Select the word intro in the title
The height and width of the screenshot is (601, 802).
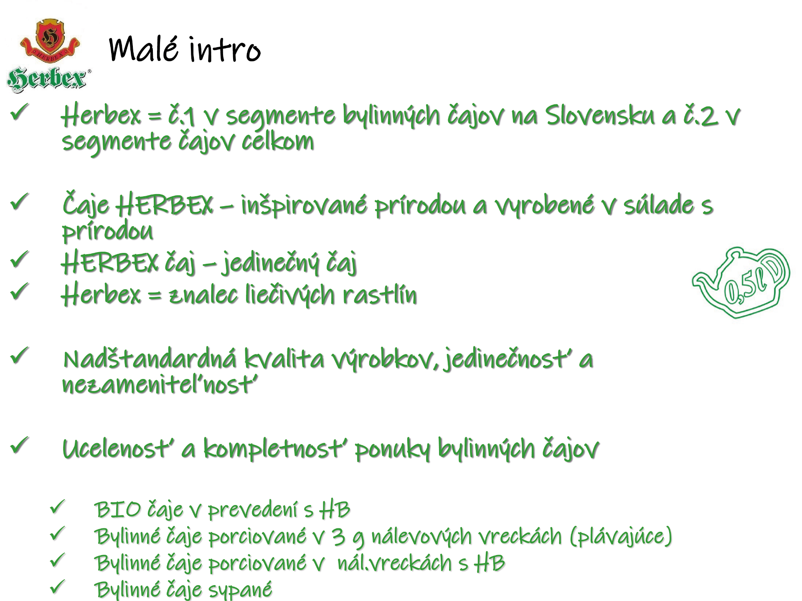(225, 50)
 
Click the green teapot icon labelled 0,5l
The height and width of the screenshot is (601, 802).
(741, 283)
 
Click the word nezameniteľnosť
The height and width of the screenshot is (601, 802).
(160, 384)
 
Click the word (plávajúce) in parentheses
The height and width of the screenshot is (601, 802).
(621, 536)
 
